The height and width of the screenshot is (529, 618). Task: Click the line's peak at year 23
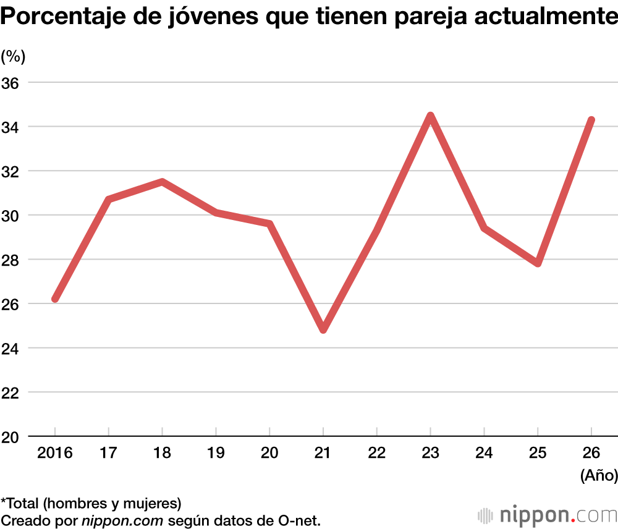[x=430, y=116]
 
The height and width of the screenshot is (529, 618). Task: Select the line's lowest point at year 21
[x=323, y=329]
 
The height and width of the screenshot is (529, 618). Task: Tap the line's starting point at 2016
[x=55, y=298]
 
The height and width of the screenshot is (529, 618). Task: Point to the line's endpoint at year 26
[x=591, y=120]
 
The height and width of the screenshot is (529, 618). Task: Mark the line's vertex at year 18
[x=162, y=182]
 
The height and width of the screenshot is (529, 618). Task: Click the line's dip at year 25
[x=538, y=263]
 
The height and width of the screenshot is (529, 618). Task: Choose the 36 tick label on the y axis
[x=14, y=82]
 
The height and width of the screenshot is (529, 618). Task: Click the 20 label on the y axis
[x=14, y=437]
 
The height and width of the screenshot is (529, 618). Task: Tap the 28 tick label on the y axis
[x=14, y=260]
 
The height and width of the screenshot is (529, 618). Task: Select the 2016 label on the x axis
[x=55, y=453]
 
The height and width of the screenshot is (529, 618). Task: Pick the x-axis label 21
[x=323, y=453]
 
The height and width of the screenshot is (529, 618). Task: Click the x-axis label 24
[x=484, y=453]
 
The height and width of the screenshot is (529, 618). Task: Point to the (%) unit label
[x=13, y=56]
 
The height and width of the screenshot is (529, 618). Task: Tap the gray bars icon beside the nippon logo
[x=486, y=515]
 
